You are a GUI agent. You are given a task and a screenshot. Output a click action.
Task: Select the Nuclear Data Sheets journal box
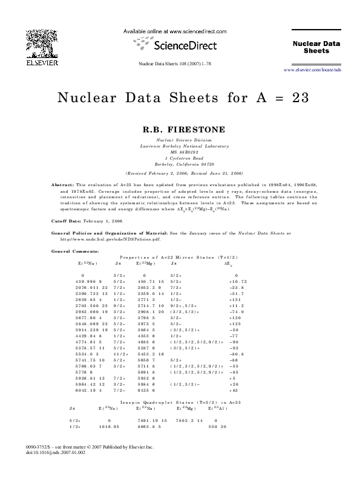316,47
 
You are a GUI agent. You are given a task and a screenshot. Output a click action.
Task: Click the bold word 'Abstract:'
63,184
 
